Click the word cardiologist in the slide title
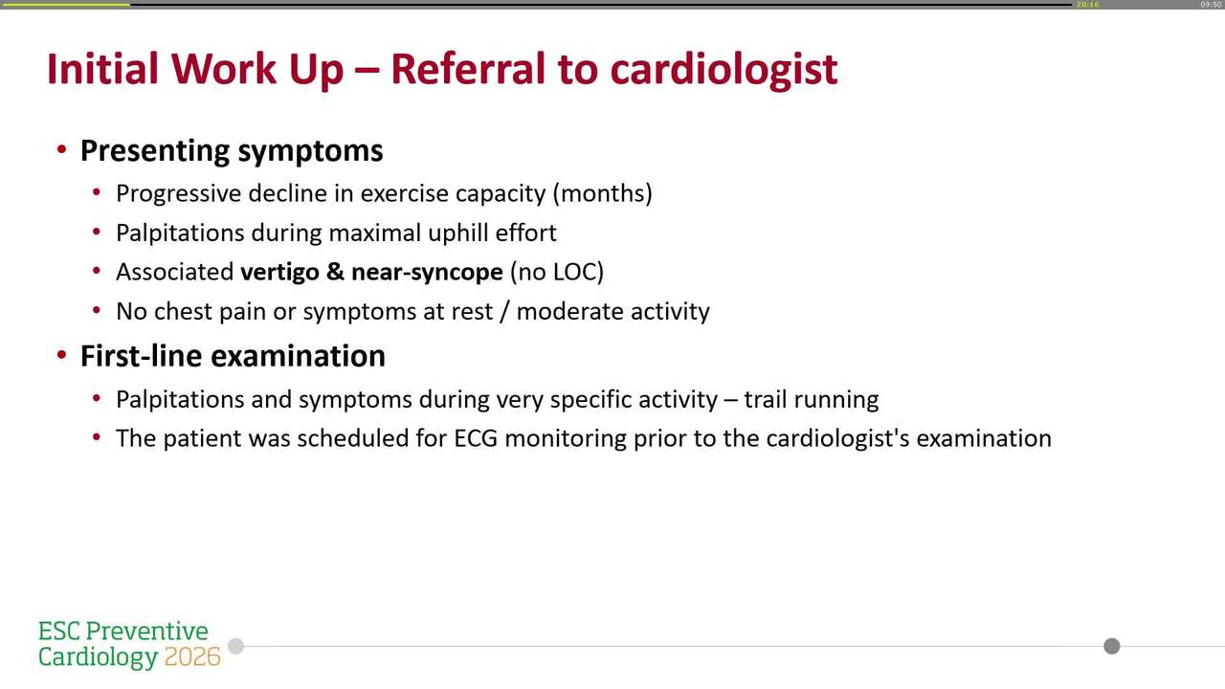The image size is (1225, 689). (x=724, y=70)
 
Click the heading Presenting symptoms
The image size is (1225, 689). (x=232, y=151)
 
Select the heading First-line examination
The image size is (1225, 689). (x=233, y=356)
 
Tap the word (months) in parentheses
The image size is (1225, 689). (x=602, y=193)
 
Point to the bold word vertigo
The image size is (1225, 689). (x=279, y=272)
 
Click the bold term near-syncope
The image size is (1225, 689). (x=427, y=272)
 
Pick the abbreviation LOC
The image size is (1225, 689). (x=572, y=272)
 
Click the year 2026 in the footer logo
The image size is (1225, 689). (x=192, y=657)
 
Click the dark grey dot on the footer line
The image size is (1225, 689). (x=1111, y=646)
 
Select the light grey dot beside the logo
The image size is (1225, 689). (x=235, y=646)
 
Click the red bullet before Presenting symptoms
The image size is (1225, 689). (x=61, y=151)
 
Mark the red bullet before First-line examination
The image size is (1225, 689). (x=61, y=356)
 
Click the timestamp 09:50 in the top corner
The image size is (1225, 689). (x=1211, y=5)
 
